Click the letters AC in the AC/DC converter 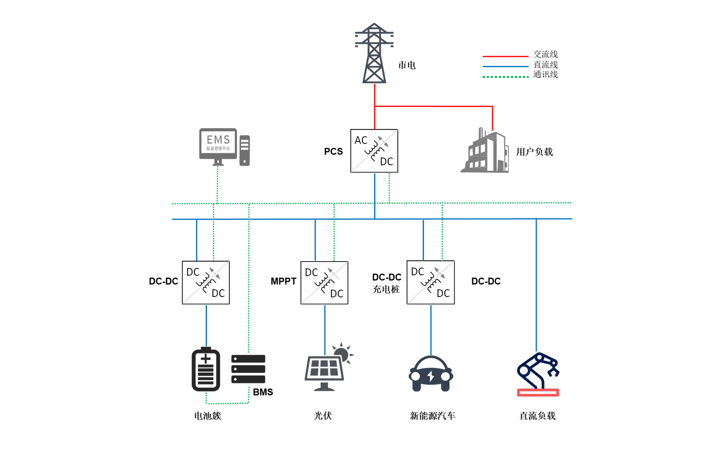(x=361, y=141)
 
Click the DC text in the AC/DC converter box (x=386, y=162)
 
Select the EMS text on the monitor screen (x=218, y=141)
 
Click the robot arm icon (x=538, y=370)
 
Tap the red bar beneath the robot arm (x=538, y=397)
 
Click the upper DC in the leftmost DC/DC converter (x=193, y=272)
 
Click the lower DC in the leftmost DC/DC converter (x=218, y=293)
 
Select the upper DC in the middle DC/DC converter (x=311, y=273)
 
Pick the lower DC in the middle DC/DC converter (x=336, y=294)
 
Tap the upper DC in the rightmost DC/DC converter (x=417, y=272)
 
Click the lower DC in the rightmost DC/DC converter (x=443, y=293)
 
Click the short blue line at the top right (x=490, y=66)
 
